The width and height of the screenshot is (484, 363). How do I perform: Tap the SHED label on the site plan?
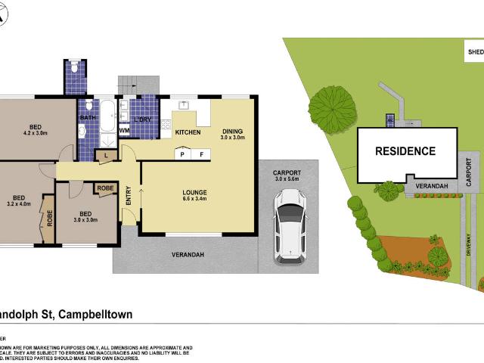pos(475,52)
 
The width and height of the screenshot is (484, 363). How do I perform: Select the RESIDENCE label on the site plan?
pos(405,151)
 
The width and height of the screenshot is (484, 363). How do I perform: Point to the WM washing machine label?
pos(125,132)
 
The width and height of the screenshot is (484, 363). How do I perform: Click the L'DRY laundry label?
pos(143,120)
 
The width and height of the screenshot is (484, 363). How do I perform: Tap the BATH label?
pos(88,117)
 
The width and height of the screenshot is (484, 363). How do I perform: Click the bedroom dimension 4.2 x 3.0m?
pos(36,133)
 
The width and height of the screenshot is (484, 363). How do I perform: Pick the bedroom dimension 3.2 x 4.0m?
pos(20,203)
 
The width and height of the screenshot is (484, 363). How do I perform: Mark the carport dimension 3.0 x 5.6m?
pos(287,180)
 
